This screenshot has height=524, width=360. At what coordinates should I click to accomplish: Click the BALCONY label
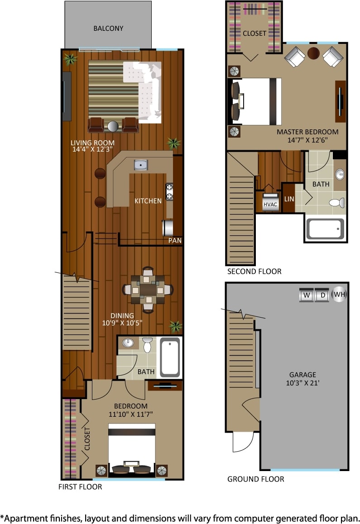tap(108, 28)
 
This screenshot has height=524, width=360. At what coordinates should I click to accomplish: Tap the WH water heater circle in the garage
tap(340, 295)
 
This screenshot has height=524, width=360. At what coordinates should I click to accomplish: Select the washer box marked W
tap(307, 295)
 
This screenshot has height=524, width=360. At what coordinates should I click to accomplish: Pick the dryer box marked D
tap(322, 295)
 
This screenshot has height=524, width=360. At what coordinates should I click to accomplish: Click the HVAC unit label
tap(270, 204)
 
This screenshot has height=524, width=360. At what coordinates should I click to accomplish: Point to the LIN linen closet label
tap(288, 199)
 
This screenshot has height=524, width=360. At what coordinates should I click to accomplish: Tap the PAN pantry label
tap(175, 241)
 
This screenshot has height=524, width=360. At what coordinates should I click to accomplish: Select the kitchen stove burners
tap(169, 191)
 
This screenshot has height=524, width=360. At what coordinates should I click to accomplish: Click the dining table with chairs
tap(148, 290)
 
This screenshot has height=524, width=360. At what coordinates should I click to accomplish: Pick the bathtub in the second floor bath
tap(325, 229)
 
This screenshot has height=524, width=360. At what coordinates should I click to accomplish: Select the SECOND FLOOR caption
tap(254, 272)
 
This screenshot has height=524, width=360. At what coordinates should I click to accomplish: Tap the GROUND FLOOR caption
tap(255, 479)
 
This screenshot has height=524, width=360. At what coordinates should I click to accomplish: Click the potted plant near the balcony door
tap(70, 59)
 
